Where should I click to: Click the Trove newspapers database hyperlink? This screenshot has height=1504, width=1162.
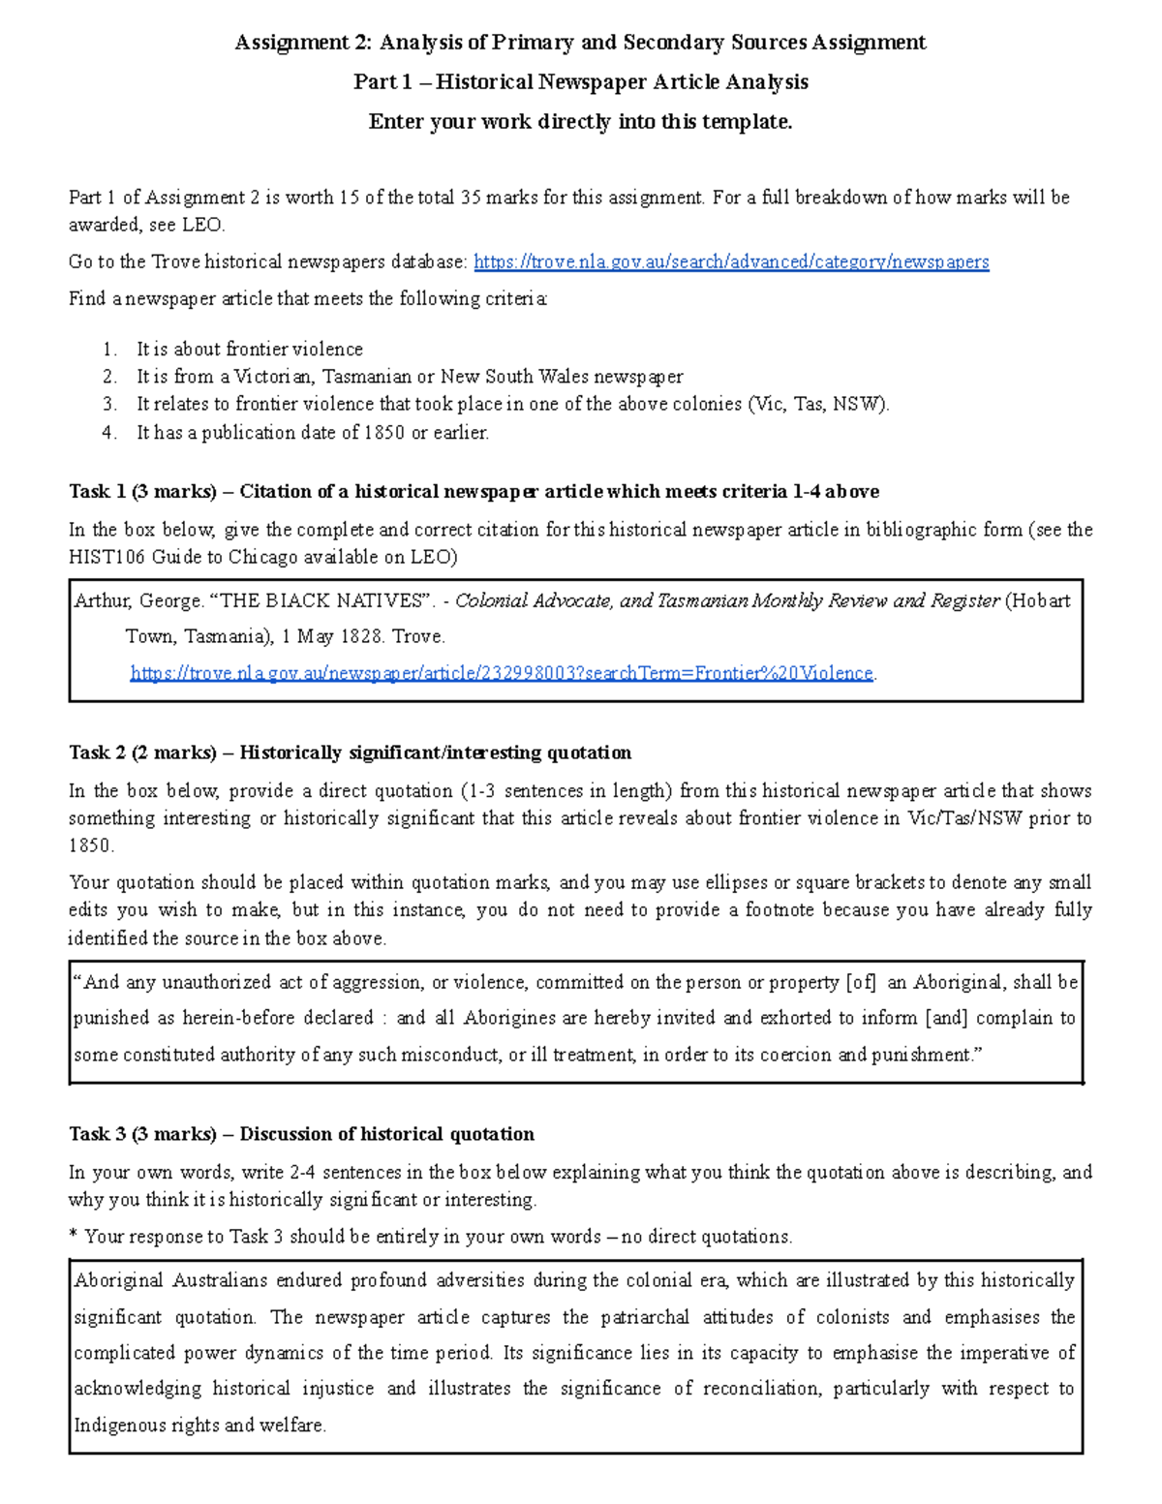pos(731,261)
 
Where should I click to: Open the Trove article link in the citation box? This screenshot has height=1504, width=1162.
pos(502,673)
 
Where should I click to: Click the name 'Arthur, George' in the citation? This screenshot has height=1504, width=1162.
pos(136,600)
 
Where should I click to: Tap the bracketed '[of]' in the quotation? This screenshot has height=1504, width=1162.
pos(861,982)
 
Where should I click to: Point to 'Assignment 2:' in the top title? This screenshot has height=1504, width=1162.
pos(303,43)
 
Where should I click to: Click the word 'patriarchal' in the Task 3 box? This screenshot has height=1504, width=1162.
pos(645,1317)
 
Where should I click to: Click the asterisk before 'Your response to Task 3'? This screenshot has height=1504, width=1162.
pos(74,1236)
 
